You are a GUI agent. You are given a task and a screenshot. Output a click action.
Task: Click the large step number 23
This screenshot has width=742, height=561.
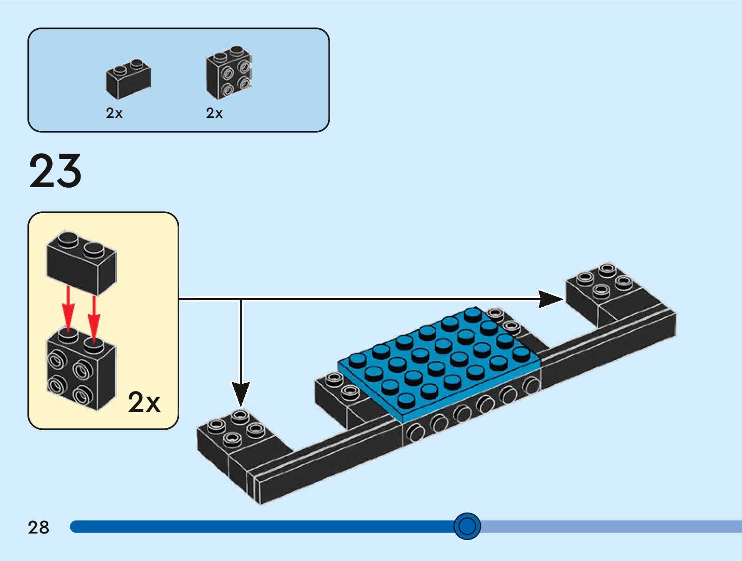coord(55,171)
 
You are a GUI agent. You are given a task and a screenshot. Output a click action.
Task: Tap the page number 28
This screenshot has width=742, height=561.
coord(38,527)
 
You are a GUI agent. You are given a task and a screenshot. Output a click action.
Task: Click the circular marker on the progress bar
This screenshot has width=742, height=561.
coord(467,526)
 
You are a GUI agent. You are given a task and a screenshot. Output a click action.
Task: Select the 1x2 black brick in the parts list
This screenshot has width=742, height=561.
coord(128,79)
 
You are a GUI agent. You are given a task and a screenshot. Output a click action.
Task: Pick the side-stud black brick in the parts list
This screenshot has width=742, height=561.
coord(229,73)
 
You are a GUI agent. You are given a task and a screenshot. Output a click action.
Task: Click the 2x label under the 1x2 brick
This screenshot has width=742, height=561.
coord(114,113)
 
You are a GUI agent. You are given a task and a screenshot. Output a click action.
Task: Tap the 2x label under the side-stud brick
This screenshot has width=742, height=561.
coord(214,113)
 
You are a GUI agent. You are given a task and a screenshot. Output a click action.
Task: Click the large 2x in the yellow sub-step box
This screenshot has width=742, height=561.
coord(144,402)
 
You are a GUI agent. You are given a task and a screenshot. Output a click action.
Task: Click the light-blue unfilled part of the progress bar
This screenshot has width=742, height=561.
coord(605,527)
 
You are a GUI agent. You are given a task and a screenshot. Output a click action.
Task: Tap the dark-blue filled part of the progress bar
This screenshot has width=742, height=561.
coord(256,527)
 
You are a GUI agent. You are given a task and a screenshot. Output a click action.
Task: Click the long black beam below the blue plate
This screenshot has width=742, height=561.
coord(326,461)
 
